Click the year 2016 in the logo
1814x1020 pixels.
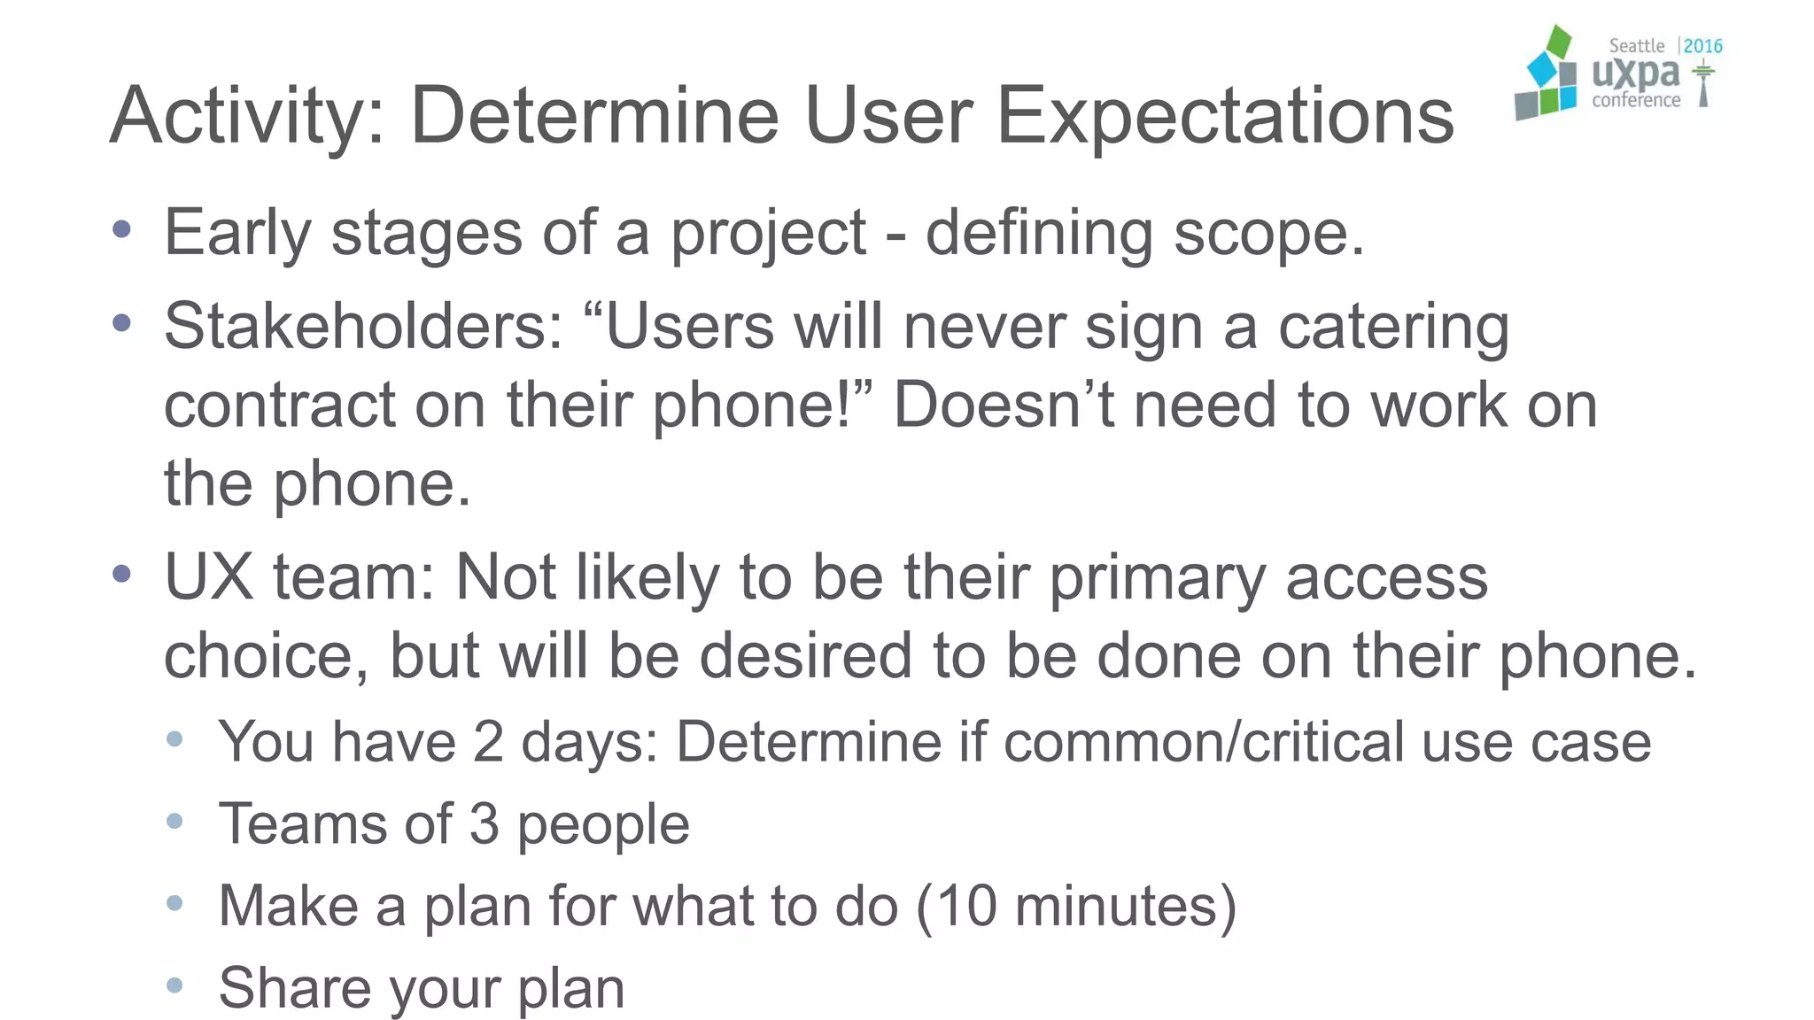pyautogui.click(x=1702, y=46)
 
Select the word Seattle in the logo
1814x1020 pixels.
pyautogui.click(x=1636, y=46)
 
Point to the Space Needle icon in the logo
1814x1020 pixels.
pyautogui.click(x=1702, y=84)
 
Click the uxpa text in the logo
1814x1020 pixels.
pyautogui.click(x=1635, y=73)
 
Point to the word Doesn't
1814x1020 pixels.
pyautogui.click(x=1003, y=405)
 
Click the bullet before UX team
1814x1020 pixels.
pyautogui.click(x=122, y=575)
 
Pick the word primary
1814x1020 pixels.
pyautogui.click(x=1158, y=579)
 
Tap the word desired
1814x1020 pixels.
pyautogui.click(x=805, y=656)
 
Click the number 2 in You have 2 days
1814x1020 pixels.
pyautogui.click(x=487, y=741)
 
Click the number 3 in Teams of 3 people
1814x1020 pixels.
pyautogui.click(x=484, y=823)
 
